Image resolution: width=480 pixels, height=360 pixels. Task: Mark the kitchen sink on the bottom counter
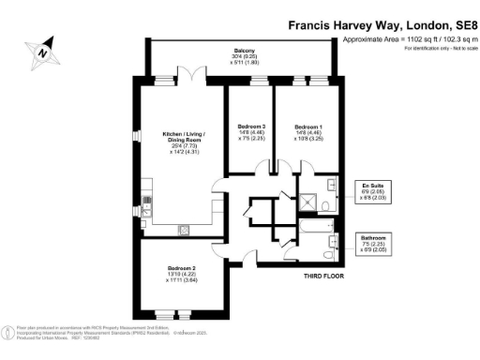pos(185,227)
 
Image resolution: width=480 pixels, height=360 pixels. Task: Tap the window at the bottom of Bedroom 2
pos(183,311)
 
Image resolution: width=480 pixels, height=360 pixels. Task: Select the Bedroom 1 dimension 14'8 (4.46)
pos(308,133)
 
